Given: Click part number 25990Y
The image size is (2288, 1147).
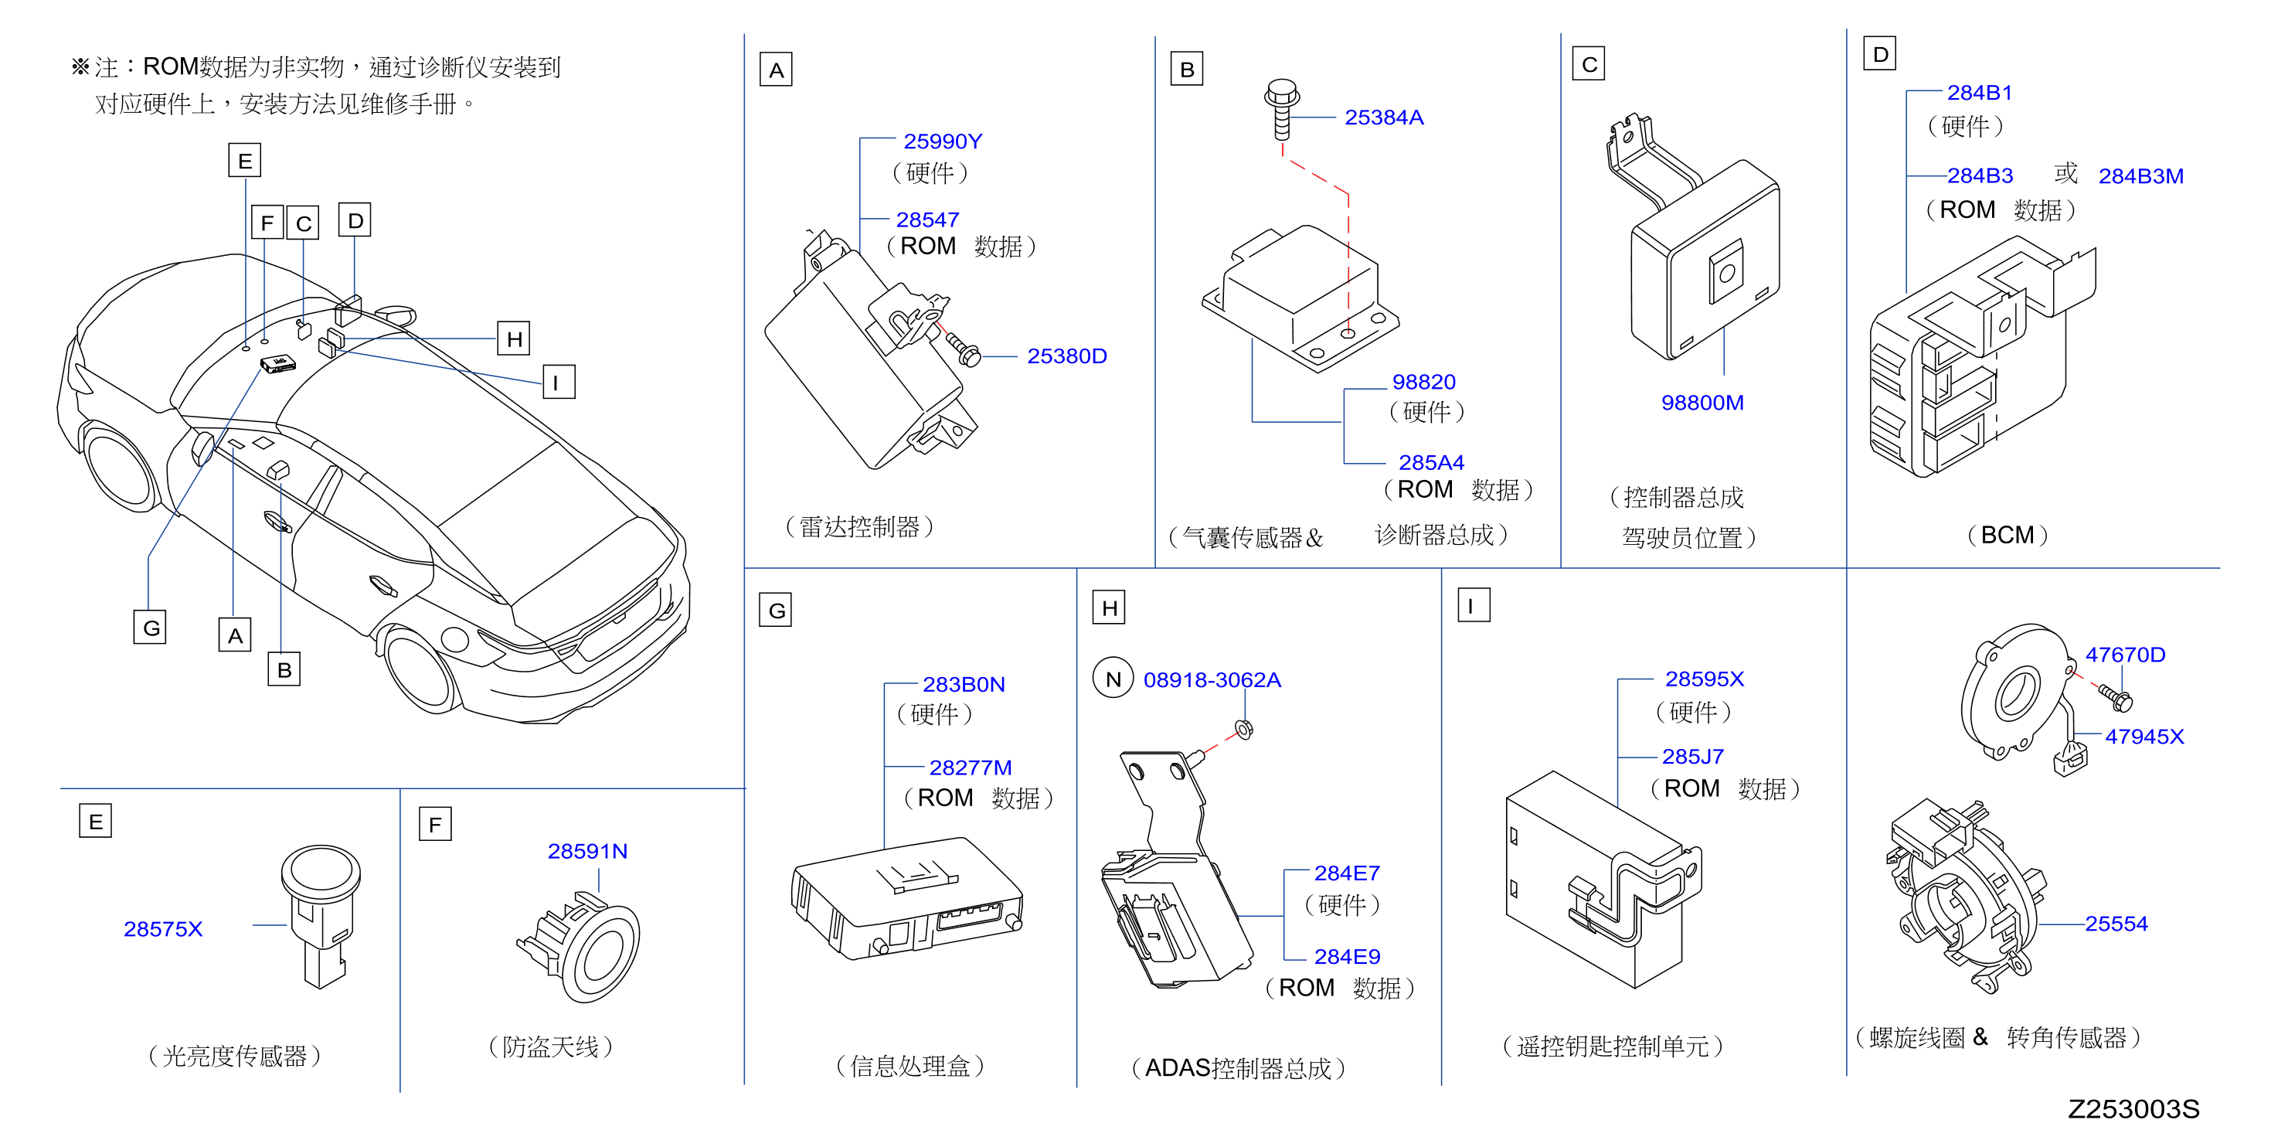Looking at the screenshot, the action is pyautogui.click(x=943, y=141).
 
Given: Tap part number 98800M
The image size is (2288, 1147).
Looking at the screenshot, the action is pyautogui.click(x=1702, y=403).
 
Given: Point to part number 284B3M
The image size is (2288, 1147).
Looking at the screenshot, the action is pyautogui.click(x=2140, y=176).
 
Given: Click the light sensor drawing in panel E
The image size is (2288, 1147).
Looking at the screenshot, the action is pyautogui.click(x=321, y=915).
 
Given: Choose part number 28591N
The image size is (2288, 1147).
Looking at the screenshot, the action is pyautogui.click(x=587, y=851).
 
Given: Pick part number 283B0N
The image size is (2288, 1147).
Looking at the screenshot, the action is pyautogui.click(x=964, y=684).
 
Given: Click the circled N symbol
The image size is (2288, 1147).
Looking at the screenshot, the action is pyautogui.click(x=1113, y=679).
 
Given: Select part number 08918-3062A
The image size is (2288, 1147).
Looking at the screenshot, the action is pyautogui.click(x=1212, y=679).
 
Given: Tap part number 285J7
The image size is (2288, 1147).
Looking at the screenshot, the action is pyautogui.click(x=1692, y=756).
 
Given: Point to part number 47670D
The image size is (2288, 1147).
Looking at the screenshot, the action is pyautogui.click(x=2125, y=655).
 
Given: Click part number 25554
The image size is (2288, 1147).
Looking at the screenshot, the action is pyautogui.click(x=2116, y=923).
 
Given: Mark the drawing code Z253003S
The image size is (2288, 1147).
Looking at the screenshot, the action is pyautogui.click(x=2133, y=1109).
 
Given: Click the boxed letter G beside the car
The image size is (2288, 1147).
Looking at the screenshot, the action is pyautogui.click(x=150, y=628).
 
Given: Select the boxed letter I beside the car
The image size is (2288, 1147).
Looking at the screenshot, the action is pyautogui.click(x=559, y=382).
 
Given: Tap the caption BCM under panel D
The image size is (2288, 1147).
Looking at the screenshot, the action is pyautogui.click(x=2007, y=535).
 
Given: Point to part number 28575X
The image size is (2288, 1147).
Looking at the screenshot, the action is pyautogui.click(x=162, y=928).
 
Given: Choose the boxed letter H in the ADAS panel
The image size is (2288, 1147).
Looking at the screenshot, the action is pyautogui.click(x=1110, y=608).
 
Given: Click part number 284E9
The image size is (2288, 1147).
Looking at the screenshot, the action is pyautogui.click(x=1347, y=956).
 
